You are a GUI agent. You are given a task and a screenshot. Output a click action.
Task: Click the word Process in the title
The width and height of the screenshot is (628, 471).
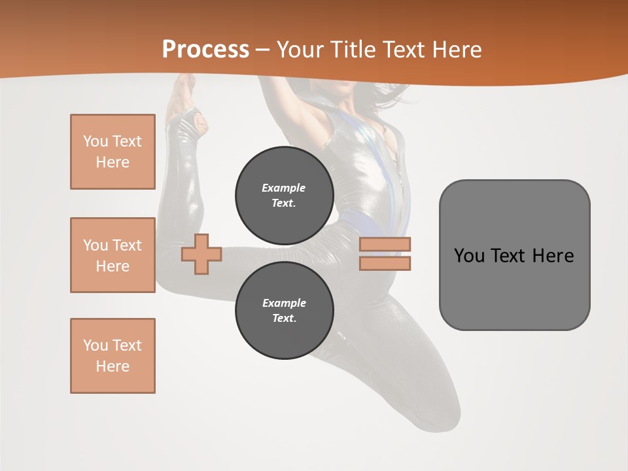pyautogui.click(x=205, y=50)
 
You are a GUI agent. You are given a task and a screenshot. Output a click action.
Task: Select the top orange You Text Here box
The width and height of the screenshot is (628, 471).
pyautogui.click(x=113, y=152)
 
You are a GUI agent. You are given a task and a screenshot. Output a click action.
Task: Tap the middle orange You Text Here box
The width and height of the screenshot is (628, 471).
pyautogui.click(x=113, y=255)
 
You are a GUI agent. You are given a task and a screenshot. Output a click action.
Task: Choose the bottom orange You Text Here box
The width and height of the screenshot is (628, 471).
pyautogui.click(x=113, y=356)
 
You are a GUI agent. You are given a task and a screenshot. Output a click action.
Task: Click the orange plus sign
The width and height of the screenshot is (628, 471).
pyautogui.click(x=201, y=254)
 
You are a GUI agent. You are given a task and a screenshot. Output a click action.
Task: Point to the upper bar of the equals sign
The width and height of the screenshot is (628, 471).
pyautogui.click(x=385, y=244)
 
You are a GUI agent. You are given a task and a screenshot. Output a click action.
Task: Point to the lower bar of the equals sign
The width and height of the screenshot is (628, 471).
pyautogui.click(x=385, y=263)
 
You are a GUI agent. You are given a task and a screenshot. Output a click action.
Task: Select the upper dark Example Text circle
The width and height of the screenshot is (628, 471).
pyautogui.click(x=285, y=196)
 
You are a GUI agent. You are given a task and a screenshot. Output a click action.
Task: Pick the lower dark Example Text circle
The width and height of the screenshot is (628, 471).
pyautogui.click(x=285, y=311)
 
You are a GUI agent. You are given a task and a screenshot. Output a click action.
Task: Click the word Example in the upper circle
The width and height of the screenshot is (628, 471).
pyautogui.click(x=284, y=188)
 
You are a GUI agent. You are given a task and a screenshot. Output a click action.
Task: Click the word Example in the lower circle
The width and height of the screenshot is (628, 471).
pyautogui.click(x=284, y=303)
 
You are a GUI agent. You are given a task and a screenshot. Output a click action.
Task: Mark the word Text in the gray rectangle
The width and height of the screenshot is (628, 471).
pyautogui.click(x=509, y=256)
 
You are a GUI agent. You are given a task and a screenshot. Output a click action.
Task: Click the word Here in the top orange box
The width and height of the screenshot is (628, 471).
pyautogui.click(x=113, y=162)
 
